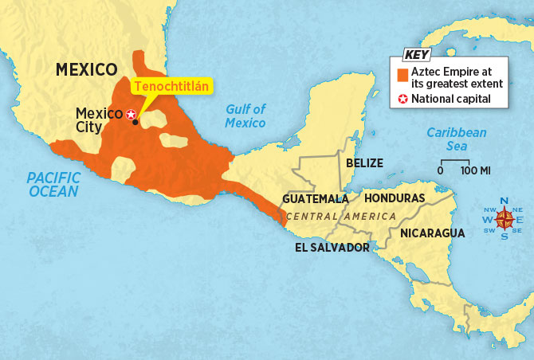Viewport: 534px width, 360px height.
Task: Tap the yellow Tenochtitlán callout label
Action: point(169,85)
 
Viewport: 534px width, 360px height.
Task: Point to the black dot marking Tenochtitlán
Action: point(135,122)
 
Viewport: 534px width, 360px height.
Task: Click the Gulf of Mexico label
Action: point(245,115)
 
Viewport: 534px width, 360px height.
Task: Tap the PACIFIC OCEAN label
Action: point(53,185)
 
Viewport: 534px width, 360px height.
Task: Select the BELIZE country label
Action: point(364,163)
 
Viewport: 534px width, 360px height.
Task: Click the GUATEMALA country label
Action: point(316,198)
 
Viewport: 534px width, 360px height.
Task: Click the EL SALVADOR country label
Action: point(332,248)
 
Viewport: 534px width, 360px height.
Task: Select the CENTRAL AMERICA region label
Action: point(340,217)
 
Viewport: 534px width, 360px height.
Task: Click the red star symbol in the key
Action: point(403,100)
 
